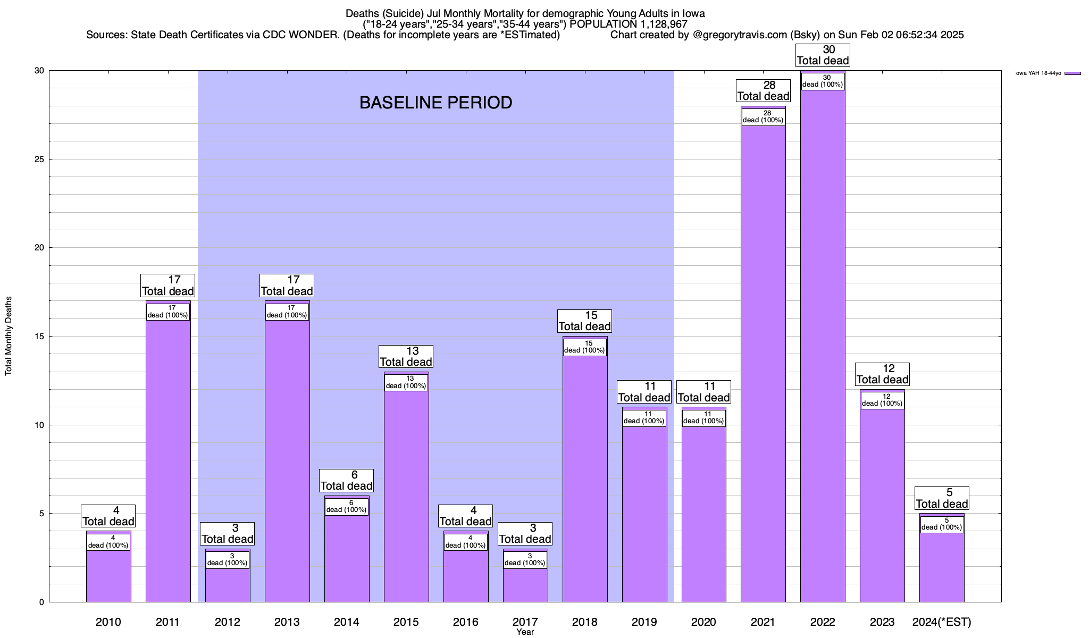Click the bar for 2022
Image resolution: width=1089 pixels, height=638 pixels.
823,346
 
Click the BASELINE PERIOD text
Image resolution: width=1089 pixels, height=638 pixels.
435,103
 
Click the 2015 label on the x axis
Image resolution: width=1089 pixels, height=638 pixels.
406,622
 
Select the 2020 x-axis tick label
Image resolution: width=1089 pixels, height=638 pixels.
703,622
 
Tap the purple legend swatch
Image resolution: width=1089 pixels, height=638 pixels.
1073,73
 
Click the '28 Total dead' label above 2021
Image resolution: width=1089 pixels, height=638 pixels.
763,91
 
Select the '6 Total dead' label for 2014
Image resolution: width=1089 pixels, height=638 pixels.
346,481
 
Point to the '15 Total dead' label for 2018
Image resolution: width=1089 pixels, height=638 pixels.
584,321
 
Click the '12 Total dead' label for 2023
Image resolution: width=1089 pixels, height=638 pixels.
882,374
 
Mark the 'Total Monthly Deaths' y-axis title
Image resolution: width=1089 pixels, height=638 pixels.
9,336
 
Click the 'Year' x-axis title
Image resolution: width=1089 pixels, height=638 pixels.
525,632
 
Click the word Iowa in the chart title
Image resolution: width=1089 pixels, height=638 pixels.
692,13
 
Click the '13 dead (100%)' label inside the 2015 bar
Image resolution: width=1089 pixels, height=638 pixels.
406,382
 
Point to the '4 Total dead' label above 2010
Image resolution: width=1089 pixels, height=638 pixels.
108,516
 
